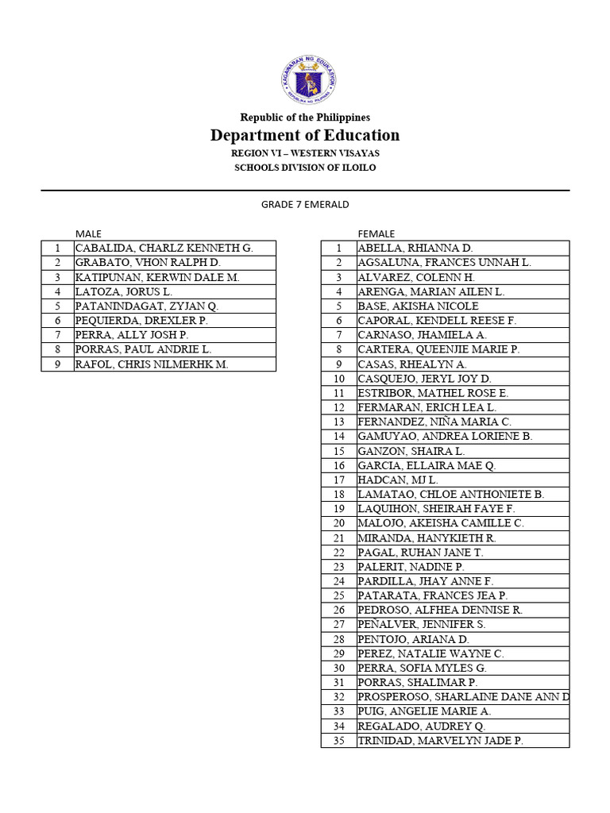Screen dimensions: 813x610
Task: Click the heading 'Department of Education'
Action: click(305, 135)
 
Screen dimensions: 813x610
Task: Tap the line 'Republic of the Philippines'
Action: click(305, 117)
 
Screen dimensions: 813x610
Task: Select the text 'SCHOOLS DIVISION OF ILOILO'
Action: click(305, 168)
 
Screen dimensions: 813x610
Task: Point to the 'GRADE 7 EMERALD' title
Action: click(305, 204)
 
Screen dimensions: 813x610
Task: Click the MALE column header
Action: click(88, 233)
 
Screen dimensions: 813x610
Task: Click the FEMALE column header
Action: click(376, 233)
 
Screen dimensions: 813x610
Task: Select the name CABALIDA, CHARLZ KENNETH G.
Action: click(164, 249)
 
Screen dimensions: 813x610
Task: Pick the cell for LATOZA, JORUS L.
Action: click(123, 292)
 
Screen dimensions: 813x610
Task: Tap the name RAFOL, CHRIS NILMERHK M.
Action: click(152, 364)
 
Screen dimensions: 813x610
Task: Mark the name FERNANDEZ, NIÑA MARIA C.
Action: click(434, 422)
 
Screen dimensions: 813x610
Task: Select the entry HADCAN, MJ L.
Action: click(397, 480)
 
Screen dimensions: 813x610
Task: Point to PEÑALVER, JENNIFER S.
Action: click(422, 625)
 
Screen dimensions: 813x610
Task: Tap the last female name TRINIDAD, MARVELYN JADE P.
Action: click(440, 741)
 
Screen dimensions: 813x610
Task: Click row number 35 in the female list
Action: click(338, 741)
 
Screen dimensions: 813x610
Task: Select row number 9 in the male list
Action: click(57, 364)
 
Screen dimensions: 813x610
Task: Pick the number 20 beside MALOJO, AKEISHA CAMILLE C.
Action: click(338, 524)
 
